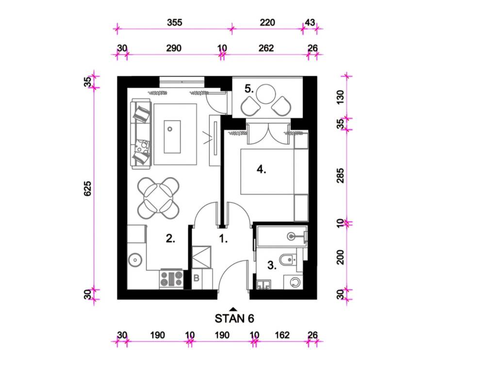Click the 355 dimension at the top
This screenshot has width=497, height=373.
[175, 22]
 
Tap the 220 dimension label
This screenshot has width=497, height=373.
[267, 22]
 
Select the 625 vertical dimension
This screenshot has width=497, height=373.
[87, 188]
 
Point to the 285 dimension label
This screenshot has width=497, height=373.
[340, 176]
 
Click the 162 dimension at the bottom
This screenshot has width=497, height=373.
[282, 335]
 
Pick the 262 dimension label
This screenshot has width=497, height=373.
[266, 48]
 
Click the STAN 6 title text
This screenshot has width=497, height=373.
[234, 319]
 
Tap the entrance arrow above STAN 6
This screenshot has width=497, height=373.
[233, 309]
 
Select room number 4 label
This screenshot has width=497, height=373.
[261, 170]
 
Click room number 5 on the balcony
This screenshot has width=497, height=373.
[249, 89]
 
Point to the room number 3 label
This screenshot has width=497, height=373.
[272, 265]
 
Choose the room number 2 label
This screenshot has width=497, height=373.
[170, 238]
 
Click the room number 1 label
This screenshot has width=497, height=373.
[223, 238]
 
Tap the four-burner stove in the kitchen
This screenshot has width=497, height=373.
[171, 279]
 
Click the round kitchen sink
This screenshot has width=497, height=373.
[135, 260]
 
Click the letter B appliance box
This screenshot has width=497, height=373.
[196, 278]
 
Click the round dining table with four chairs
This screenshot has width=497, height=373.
[158, 198]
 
